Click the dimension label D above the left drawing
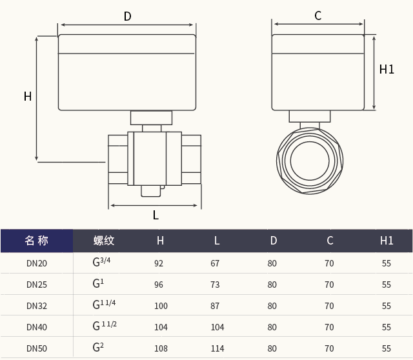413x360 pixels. (127, 16)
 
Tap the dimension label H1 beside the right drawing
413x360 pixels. (387, 69)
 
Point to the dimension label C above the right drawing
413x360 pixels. (317, 16)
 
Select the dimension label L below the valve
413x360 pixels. (156, 215)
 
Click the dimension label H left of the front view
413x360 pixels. (28, 97)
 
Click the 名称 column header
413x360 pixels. (37, 241)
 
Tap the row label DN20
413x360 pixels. (37, 263)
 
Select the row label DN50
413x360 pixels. (37, 348)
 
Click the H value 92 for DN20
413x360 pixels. (159, 263)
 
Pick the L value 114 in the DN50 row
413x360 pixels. (217, 348)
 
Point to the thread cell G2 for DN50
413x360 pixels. (98, 348)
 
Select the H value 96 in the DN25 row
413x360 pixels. (159, 285)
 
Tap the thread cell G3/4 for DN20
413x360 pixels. (102, 262)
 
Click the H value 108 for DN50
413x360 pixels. (161, 348)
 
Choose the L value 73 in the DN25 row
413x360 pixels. (215, 285)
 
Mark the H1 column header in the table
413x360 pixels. (387, 241)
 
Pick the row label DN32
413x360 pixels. (37, 306)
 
